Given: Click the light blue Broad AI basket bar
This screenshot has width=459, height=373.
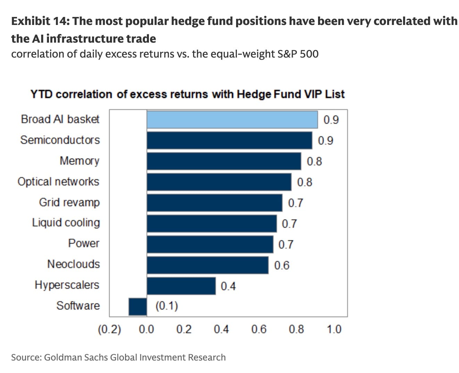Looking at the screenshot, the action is (x=232, y=120).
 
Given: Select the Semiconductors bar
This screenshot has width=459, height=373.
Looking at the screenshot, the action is (x=229, y=140).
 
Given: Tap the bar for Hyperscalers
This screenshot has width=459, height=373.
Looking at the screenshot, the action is (x=181, y=286).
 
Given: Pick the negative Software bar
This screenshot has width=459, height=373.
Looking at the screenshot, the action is (x=138, y=307).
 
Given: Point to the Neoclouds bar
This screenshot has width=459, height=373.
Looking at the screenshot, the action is (x=208, y=265).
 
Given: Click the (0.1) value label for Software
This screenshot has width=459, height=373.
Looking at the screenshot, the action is (x=167, y=306).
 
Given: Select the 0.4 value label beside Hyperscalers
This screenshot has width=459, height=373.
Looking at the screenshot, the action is (x=228, y=286).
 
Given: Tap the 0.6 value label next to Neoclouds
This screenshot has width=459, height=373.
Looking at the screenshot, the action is (x=282, y=265).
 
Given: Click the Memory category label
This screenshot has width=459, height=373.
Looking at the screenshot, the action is (x=80, y=161).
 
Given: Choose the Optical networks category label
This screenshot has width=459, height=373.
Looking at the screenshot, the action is (x=58, y=182).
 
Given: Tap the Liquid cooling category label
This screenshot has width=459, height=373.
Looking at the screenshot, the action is (x=66, y=223).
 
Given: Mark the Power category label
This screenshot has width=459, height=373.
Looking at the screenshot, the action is (x=84, y=243).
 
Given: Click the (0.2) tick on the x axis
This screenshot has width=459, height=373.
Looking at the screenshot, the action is (x=109, y=329).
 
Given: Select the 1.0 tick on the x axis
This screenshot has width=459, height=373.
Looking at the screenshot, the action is (x=334, y=329).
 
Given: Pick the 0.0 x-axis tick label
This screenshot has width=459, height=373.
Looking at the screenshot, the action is (x=146, y=329).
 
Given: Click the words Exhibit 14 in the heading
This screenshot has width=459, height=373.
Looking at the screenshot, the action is (x=41, y=21).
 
